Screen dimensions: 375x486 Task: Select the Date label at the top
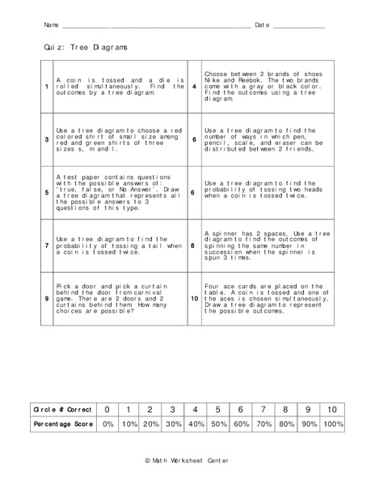click(x=262, y=26)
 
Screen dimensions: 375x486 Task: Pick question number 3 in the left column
click(x=46, y=139)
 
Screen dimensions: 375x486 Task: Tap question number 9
click(x=46, y=297)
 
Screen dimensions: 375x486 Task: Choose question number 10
click(x=194, y=297)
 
